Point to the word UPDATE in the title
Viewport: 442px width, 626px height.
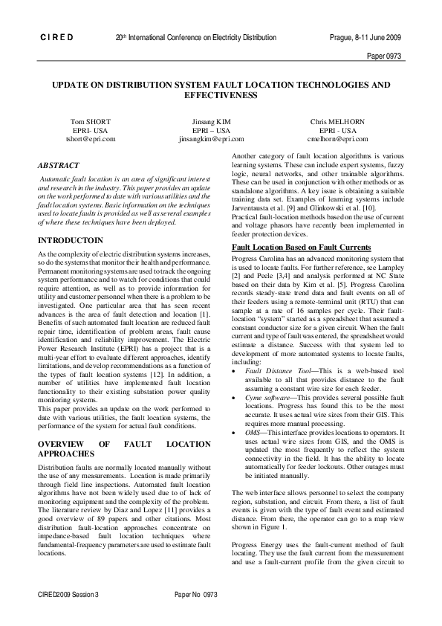click(71, 85)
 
